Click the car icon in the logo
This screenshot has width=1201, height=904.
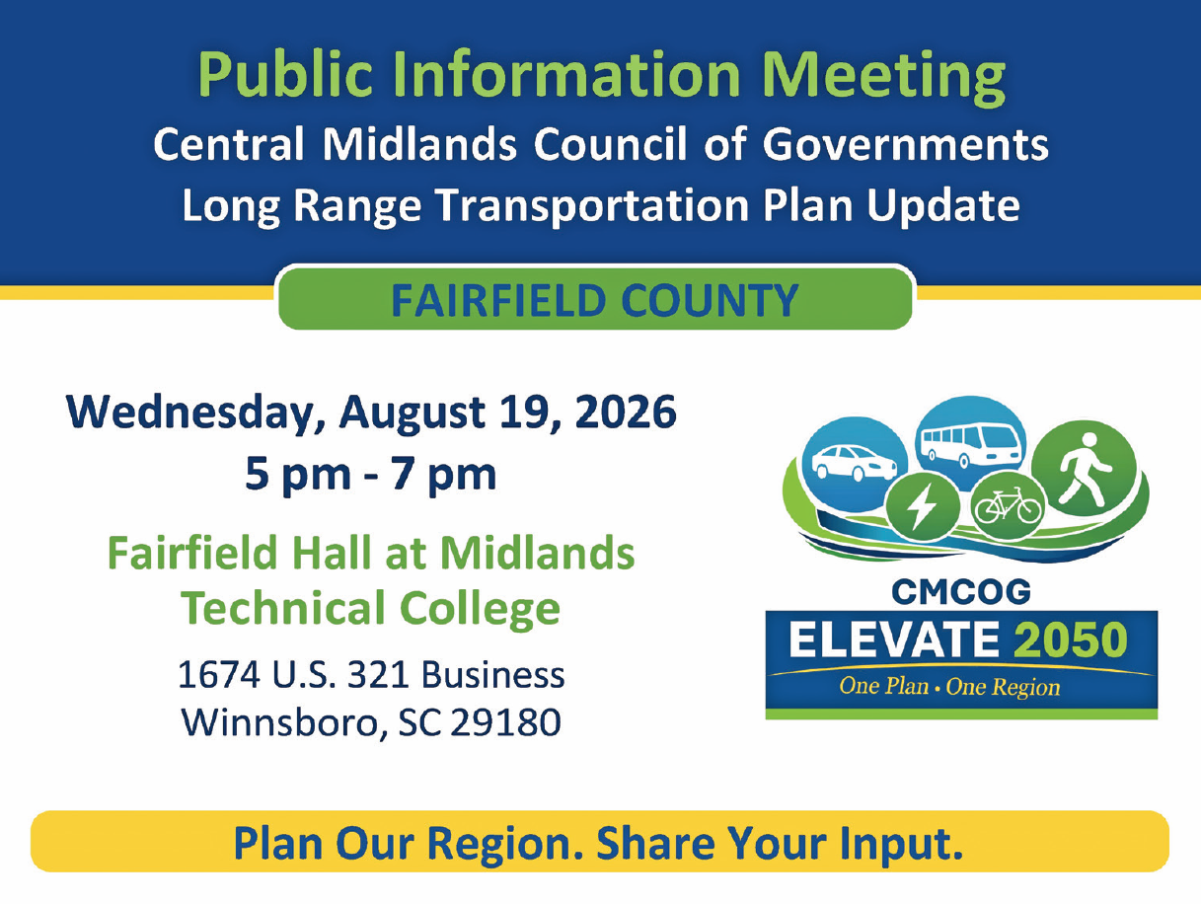[x=854, y=463]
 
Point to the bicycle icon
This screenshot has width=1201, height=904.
[x=1008, y=505]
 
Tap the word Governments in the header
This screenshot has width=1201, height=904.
[x=906, y=144]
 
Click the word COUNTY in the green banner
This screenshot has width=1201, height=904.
[x=710, y=300]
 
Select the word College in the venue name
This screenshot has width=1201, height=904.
[x=480, y=609]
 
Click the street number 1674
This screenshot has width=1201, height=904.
[x=219, y=674]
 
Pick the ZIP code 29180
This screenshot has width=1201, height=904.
[x=506, y=722]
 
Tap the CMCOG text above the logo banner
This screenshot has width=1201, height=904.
[x=961, y=591]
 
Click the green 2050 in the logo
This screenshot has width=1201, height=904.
[x=1070, y=640]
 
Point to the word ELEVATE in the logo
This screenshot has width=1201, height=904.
[x=894, y=640]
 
